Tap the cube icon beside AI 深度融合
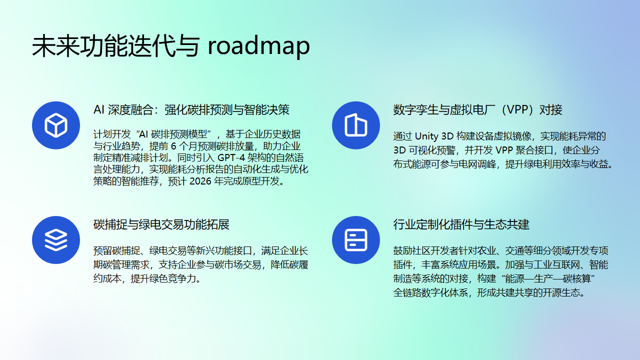point(55,125)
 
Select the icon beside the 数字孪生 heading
point(355,125)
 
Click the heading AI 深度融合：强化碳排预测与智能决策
point(191,109)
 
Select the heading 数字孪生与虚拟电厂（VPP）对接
point(478,109)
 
